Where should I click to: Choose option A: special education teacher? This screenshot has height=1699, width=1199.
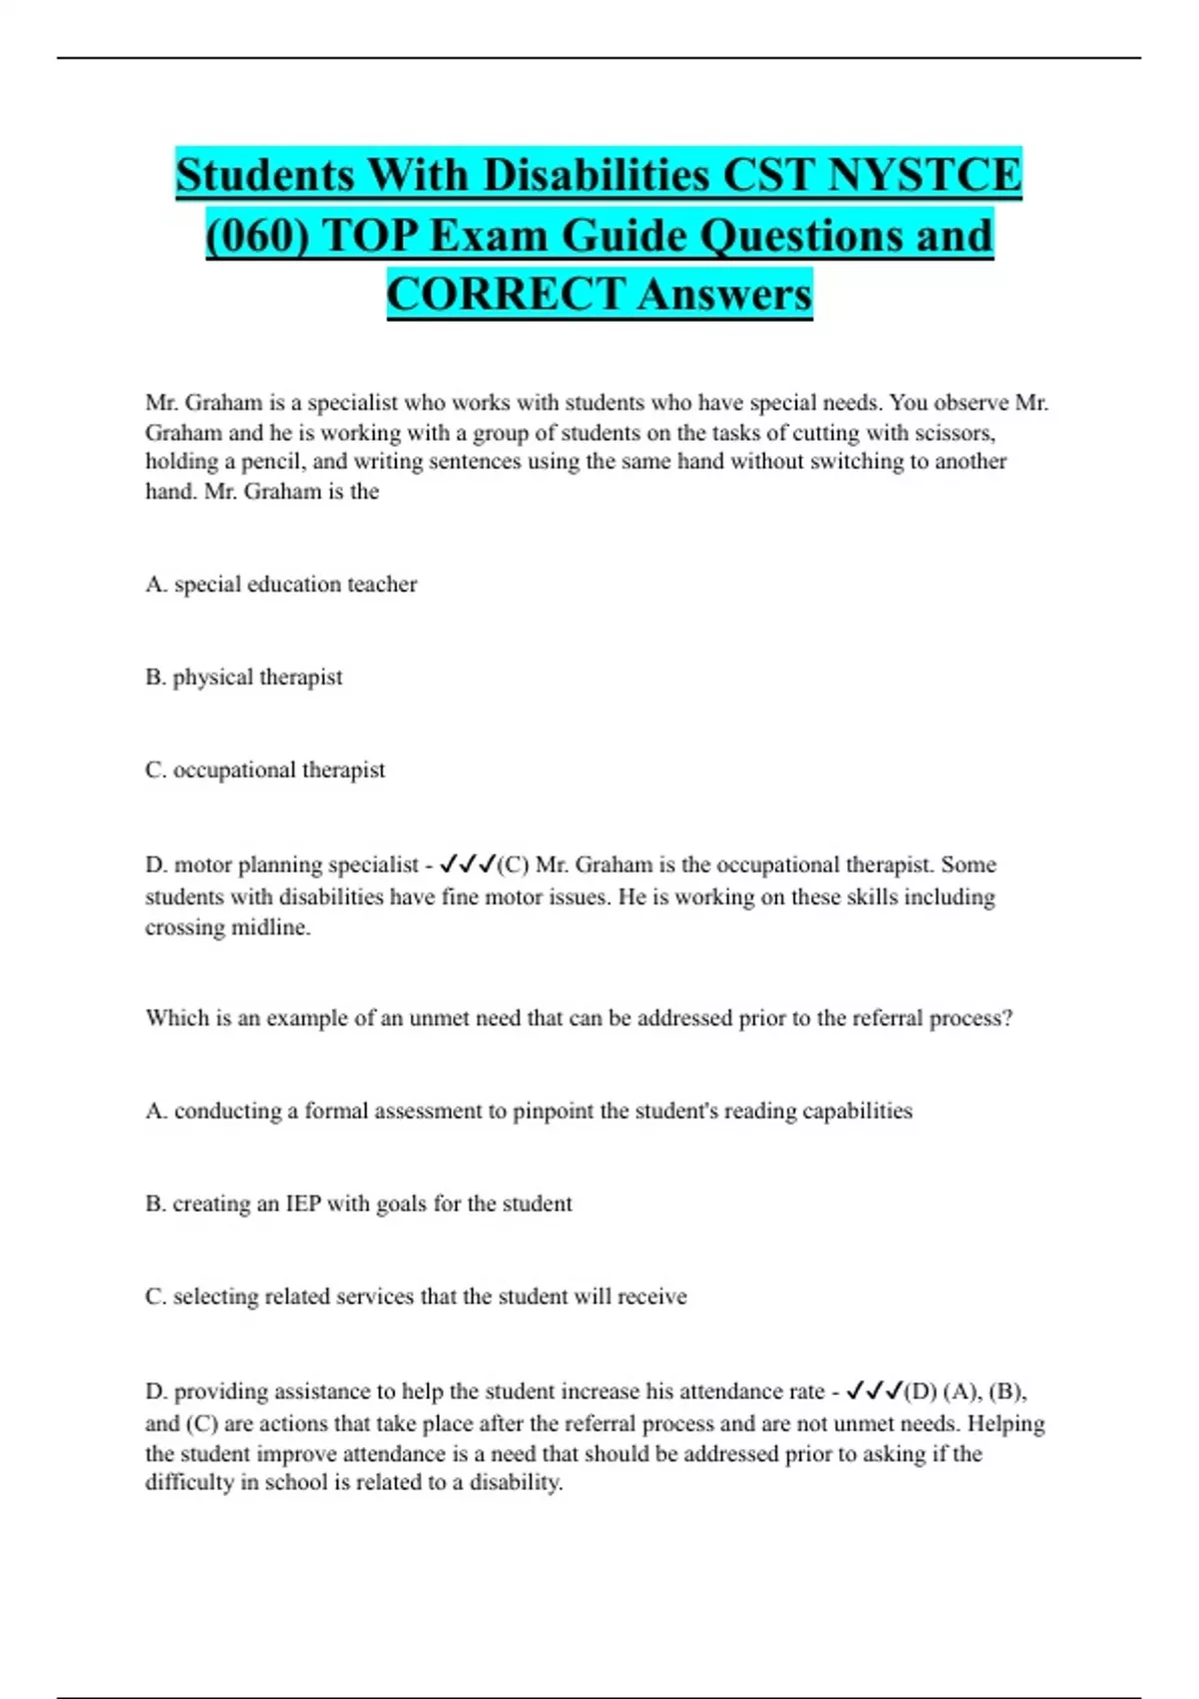click(281, 585)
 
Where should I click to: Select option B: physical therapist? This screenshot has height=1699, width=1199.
click(244, 678)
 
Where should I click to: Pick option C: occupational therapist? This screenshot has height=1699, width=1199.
click(265, 771)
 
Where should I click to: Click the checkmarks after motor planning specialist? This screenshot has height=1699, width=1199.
click(467, 864)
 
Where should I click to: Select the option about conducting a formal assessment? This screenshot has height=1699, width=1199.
click(529, 1111)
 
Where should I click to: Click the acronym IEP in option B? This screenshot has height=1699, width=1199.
click(303, 1204)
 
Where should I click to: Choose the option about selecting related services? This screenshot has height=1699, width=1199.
click(416, 1297)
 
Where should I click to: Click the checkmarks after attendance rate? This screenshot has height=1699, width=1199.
click(873, 1391)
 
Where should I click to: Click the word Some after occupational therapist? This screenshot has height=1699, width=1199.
click(968, 864)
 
